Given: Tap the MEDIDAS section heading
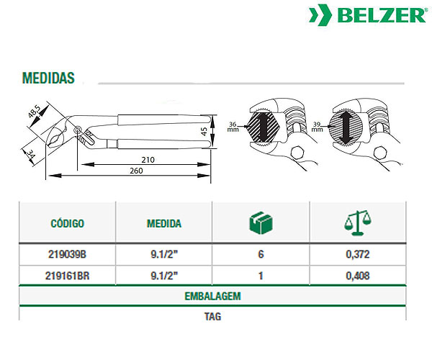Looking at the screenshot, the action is pos(48,78).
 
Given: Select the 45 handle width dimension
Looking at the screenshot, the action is pos(204,131).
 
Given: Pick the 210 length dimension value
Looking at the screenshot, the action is pos(148,160).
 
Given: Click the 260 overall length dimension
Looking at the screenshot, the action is pos(136,171).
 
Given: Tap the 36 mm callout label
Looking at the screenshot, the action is pos(233,127).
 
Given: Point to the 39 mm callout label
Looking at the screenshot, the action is pos(317,127).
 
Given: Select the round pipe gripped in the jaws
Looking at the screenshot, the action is pos(346,127).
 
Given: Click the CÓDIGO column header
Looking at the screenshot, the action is pos(67,223).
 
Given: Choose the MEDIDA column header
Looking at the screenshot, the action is pos(164,223).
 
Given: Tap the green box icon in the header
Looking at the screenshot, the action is pos(261,223).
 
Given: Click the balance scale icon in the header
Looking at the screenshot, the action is pos(358,222).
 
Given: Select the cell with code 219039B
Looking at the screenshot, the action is pos(67,254).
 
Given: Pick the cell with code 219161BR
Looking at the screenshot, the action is pos(67,276).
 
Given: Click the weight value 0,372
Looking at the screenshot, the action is pos(358,254).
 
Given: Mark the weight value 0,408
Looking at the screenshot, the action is pos(358,276).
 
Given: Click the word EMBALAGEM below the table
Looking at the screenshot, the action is pos(212,296).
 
